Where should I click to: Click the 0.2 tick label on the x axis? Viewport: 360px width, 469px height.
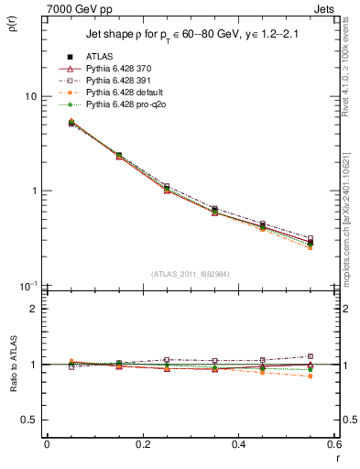pyautogui.click(x=142, y=444)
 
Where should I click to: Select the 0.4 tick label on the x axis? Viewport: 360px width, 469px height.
pyautogui.click(x=238, y=444)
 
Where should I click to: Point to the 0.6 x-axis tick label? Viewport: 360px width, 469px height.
pyautogui.click(x=333, y=444)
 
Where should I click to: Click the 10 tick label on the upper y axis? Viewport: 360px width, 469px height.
pyautogui.click(x=30, y=96)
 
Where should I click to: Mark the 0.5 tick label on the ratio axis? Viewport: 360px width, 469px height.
pyautogui.click(x=28, y=420)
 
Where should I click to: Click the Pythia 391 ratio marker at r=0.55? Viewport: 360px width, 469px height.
pyautogui.click(x=311, y=356)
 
